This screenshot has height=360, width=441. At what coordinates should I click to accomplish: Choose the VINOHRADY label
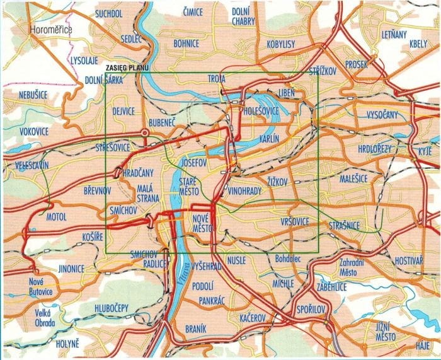tap(245, 189)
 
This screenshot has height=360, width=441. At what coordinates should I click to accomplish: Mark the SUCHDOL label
tap(109, 13)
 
